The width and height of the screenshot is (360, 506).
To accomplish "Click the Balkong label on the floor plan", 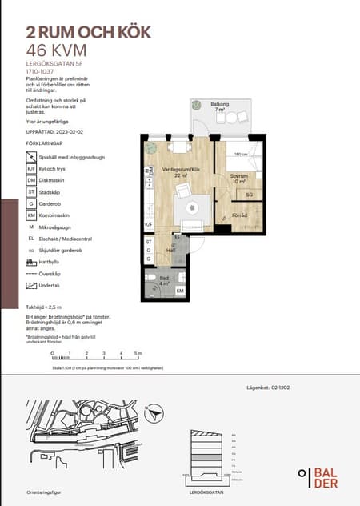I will [221, 105].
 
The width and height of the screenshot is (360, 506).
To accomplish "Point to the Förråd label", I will [239, 216].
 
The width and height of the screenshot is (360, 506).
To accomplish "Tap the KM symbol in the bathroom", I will [180, 291].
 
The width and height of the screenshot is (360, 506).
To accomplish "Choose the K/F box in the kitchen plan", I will [148, 225].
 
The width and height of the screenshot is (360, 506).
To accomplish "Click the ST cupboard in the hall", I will [148, 241].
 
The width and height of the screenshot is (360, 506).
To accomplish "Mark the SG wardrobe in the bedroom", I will [250, 195].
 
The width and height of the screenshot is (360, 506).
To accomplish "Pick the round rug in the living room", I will [192, 207].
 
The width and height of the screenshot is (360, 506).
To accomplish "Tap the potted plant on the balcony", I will [196, 104].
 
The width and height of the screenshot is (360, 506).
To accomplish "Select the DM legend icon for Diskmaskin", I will [31, 180].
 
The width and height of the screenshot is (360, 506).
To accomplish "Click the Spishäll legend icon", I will [31, 158].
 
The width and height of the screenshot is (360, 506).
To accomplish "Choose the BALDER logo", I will [321, 476].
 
